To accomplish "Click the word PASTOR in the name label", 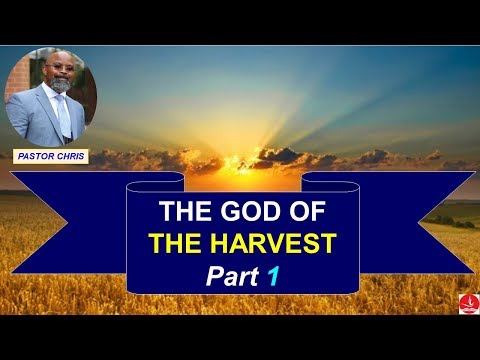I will tap(38, 156).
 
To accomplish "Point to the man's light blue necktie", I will tap(63, 118).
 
